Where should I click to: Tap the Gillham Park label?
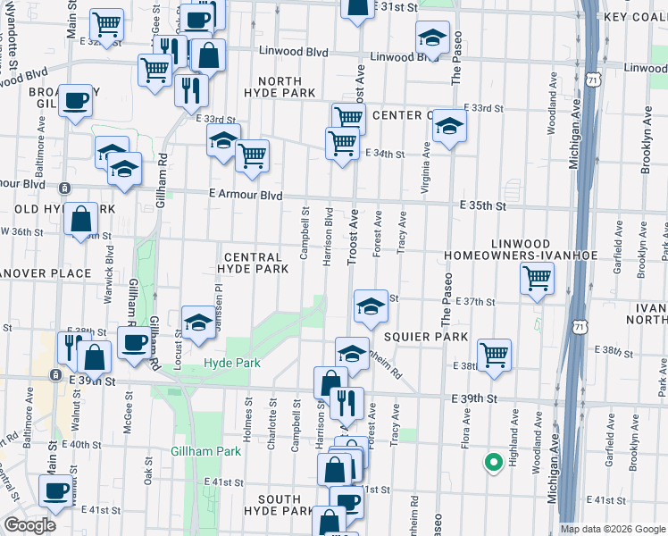tap(206, 451)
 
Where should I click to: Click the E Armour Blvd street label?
tap(246, 195)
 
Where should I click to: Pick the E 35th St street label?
tap(483, 205)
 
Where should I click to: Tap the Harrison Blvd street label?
tap(329, 236)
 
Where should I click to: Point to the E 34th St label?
tap(385, 154)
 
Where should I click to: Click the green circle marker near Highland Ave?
tap(491, 462)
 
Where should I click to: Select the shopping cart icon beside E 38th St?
tap(494, 355)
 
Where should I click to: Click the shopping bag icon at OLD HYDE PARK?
tap(80, 219)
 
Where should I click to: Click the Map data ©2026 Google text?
tap(613, 529)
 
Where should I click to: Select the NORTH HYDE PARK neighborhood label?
tap(280, 87)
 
